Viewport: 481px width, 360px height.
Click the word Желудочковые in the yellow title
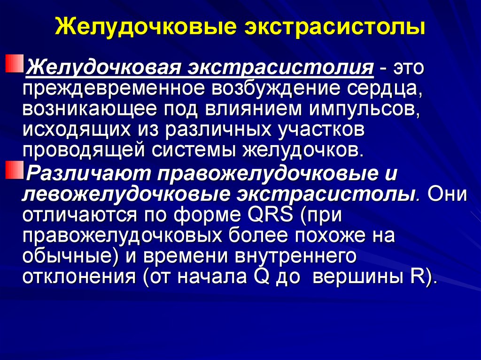(146, 27)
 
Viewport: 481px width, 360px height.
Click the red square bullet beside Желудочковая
(15, 63)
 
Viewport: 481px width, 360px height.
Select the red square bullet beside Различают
(15, 169)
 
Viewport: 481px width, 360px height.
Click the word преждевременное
(114, 89)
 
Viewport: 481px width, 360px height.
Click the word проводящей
(84, 151)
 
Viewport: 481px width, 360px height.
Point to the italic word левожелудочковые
(126, 195)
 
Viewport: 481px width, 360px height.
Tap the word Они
(447, 194)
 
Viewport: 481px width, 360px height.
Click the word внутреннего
(295, 257)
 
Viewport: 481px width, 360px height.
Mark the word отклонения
(79, 277)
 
